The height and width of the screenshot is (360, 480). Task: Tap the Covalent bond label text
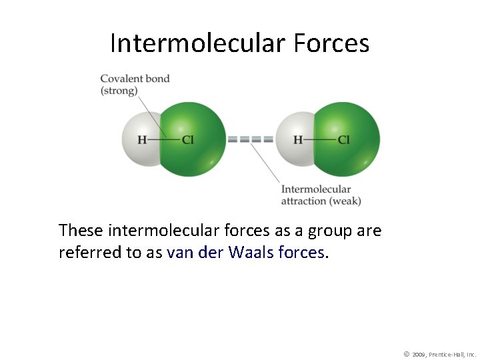(135, 79)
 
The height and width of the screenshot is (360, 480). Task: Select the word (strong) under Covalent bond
(119, 91)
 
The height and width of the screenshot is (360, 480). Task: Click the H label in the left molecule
(142, 140)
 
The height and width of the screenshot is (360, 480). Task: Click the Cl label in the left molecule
(188, 140)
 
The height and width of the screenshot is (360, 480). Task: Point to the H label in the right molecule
(298, 140)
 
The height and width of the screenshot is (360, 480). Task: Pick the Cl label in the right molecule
(344, 140)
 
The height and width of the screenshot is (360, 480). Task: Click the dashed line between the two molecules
(251, 140)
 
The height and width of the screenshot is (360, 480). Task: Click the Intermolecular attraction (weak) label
(321, 195)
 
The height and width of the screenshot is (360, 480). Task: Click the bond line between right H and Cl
(320, 140)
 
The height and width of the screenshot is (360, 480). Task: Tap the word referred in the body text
(84, 253)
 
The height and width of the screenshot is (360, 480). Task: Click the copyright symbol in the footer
(406, 353)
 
